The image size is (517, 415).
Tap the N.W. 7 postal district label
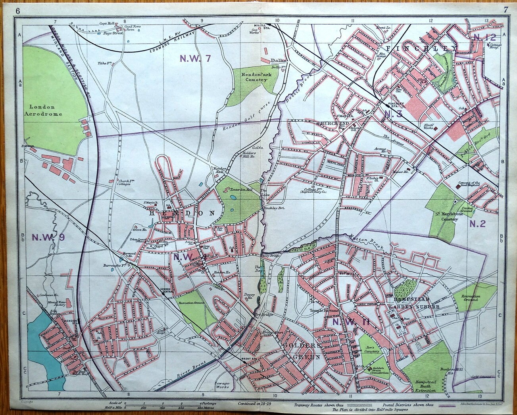point(195,58)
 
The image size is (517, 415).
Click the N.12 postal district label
point(485,38)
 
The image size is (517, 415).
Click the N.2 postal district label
point(478,223)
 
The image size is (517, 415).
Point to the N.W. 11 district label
point(351,322)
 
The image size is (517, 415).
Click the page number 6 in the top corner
point(18,11)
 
